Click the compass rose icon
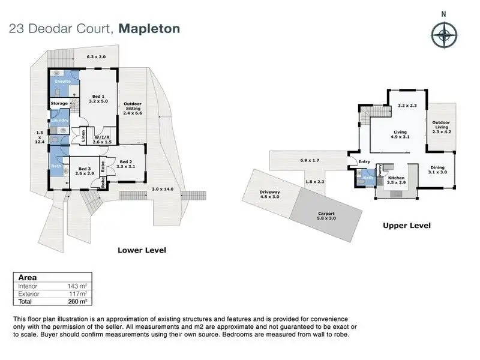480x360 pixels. click(444, 35)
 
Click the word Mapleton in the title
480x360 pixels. click(149, 29)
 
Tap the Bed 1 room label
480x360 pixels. click(98, 98)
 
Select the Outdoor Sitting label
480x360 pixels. click(133, 109)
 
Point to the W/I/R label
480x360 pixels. click(102, 140)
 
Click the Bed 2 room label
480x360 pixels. click(126, 164)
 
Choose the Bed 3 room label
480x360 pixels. click(85, 171)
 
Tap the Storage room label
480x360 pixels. click(59, 103)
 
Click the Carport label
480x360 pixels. click(326, 216)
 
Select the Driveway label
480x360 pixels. click(269, 194)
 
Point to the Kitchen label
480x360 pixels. click(396, 180)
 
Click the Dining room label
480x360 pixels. click(437, 170)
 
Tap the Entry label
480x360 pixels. click(364, 161)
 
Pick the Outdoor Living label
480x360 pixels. click(442, 127)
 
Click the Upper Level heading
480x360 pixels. click(407, 226)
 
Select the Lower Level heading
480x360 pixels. click(142, 250)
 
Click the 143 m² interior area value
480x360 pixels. click(77, 286)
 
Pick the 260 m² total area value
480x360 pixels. click(78, 302)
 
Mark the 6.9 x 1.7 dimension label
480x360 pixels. click(310, 160)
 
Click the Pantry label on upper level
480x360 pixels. click(380, 170)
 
